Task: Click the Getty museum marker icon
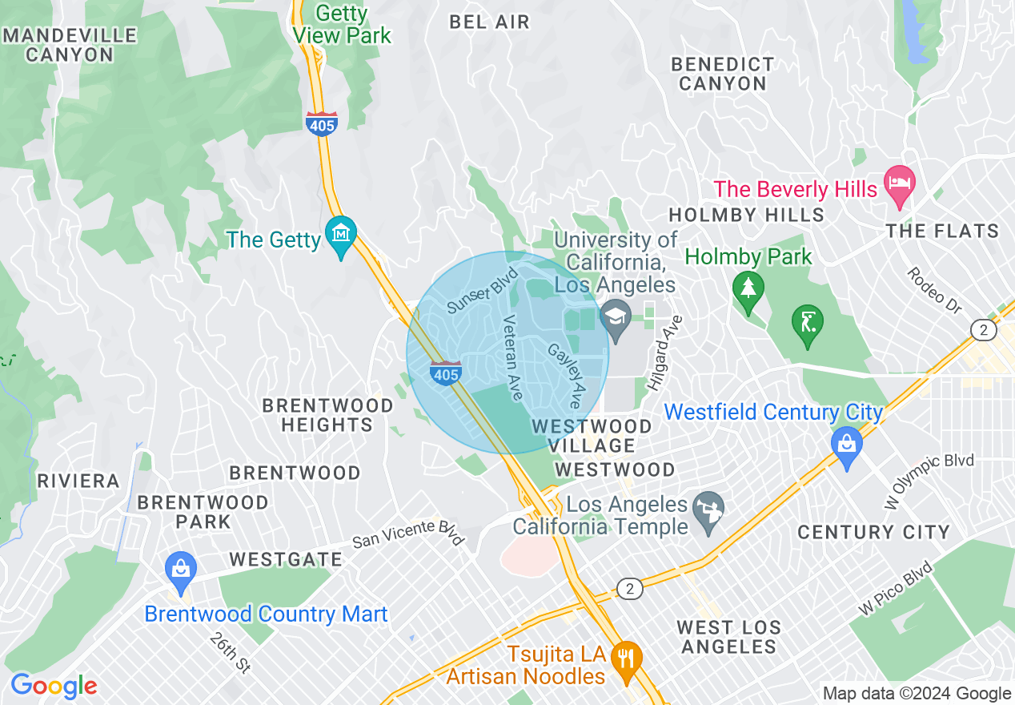pyautogui.click(x=342, y=235)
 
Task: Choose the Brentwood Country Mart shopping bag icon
pyautogui.click(x=180, y=569)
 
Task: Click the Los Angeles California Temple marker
pyautogui.click(x=709, y=510)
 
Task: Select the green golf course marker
pyautogui.click(x=807, y=324)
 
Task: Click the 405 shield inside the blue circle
pyautogui.click(x=446, y=373)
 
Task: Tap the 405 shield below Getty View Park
pyautogui.click(x=321, y=123)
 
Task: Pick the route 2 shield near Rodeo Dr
pyautogui.click(x=983, y=329)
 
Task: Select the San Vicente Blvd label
pyautogui.click(x=408, y=533)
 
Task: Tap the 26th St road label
pyautogui.click(x=230, y=652)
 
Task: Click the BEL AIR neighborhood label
pyautogui.click(x=489, y=22)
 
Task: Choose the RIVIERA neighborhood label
pyautogui.click(x=78, y=481)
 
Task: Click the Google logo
pyautogui.click(x=54, y=686)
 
